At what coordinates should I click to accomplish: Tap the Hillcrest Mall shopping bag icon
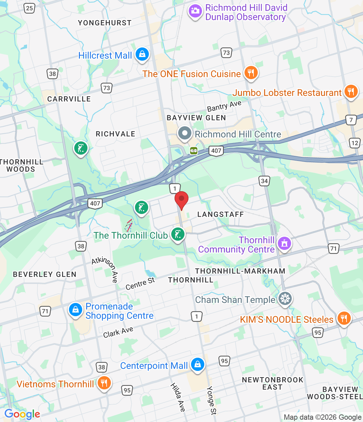pyautogui.click(x=142, y=54)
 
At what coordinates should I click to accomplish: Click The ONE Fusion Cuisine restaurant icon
pyautogui.click(x=251, y=73)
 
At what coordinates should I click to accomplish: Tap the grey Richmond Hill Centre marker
pyautogui.click(x=184, y=134)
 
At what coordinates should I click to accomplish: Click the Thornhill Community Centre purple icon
pyautogui.click(x=284, y=244)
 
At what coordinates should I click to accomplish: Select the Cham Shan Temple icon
pyautogui.click(x=285, y=299)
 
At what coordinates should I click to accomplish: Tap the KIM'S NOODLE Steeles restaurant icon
pyautogui.click(x=344, y=318)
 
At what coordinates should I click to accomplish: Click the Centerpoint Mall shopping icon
pyautogui.click(x=197, y=365)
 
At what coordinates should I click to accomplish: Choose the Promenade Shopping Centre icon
pyautogui.click(x=75, y=310)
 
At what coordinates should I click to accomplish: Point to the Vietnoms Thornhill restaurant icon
pyautogui.click(x=104, y=383)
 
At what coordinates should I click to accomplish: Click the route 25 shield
pyautogui.click(x=29, y=8)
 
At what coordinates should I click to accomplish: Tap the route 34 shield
pyautogui.click(x=264, y=181)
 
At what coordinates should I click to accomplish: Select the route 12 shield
pyautogui.click(x=354, y=143)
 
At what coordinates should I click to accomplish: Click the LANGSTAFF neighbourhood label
pyautogui.click(x=220, y=215)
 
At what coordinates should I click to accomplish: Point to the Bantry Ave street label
pyautogui.click(x=224, y=106)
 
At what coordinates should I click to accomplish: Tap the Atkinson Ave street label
pyautogui.click(x=105, y=269)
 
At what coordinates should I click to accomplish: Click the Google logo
pyautogui.click(x=22, y=414)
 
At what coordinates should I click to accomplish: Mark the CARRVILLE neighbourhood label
pyautogui.click(x=69, y=99)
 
